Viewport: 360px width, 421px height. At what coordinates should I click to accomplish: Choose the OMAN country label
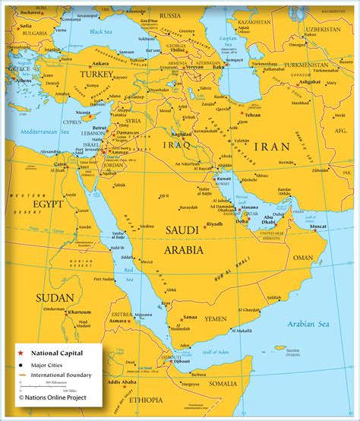(303, 258)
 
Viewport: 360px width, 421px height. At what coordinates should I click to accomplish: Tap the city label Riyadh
(215, 224)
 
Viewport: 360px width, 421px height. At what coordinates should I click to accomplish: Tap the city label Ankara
(100, 64)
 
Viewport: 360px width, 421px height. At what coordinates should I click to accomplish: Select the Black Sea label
(101, 32)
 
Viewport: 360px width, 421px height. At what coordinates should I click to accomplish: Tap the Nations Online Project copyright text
(53, 397)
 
